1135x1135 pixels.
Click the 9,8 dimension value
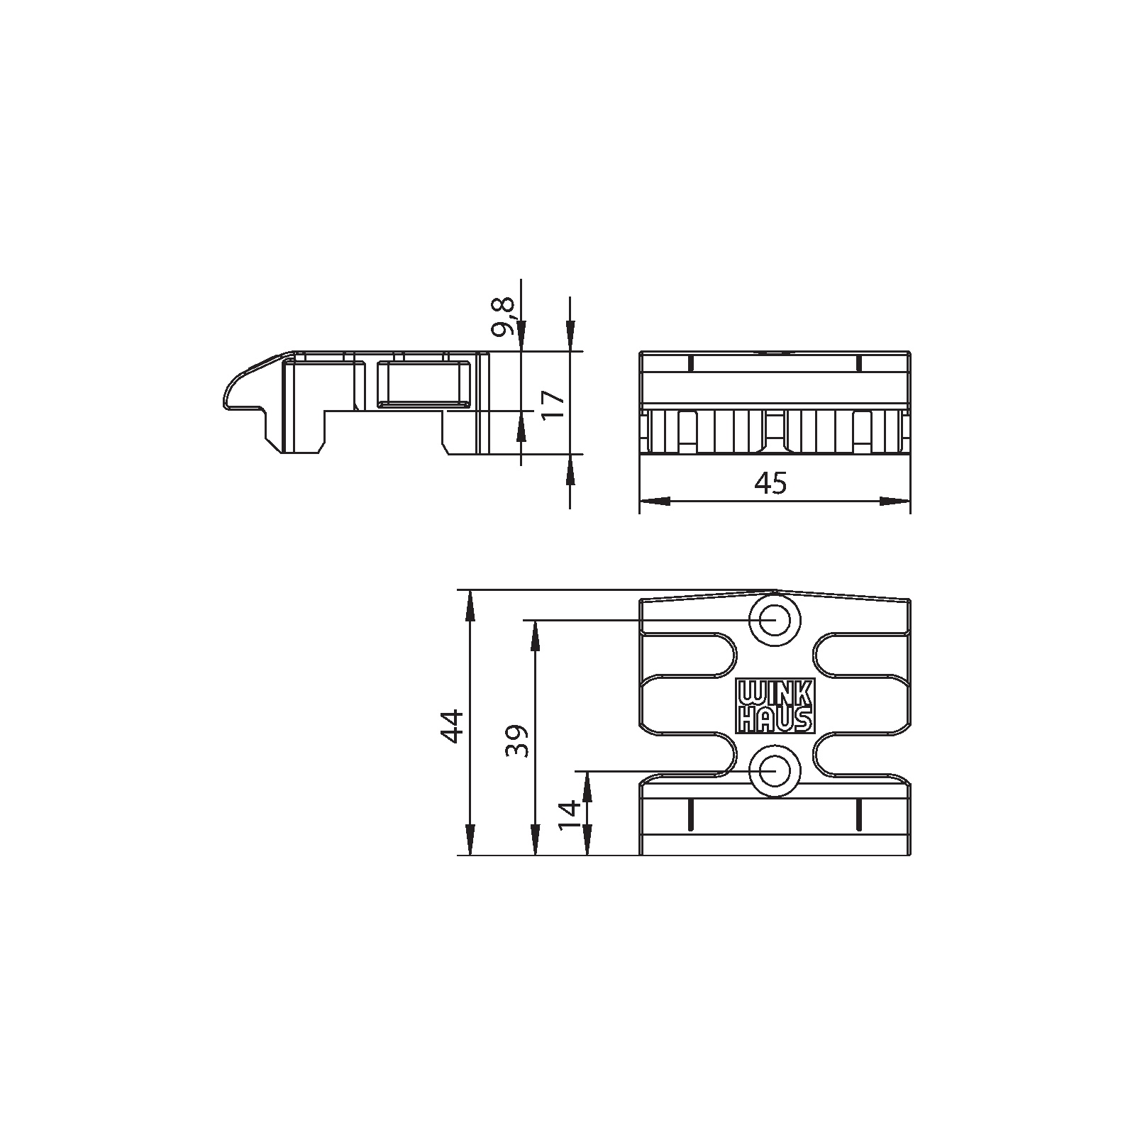pyautogui.click(x=504, y=317)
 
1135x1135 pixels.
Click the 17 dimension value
pyautogui.click(x=553, y=405)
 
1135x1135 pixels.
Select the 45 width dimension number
pyautogui.click(x=771, y=484)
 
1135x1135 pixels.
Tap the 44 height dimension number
pyautogui.click(x=453, y=724)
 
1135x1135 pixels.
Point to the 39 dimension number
pyautogui.click(x=517, y=741)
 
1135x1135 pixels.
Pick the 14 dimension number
pyautogui.click(x=569, y=816)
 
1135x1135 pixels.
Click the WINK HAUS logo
pyautogui.click(x=776, y=707)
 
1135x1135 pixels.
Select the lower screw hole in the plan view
pyautogui.click(x=776, y=770)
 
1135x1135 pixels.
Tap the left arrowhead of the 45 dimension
pyautogui.click(x=654, y=502)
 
